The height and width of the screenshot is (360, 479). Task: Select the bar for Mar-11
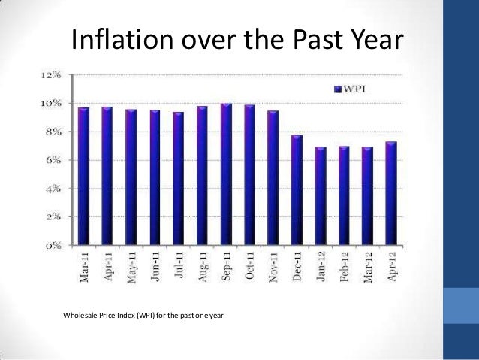(x=83, y=177)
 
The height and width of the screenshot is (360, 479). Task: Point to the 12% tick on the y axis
(x=52, y=76)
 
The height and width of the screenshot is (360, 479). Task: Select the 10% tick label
(x=52, y=104)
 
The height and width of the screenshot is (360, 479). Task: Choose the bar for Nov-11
(x=273, y=178)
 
